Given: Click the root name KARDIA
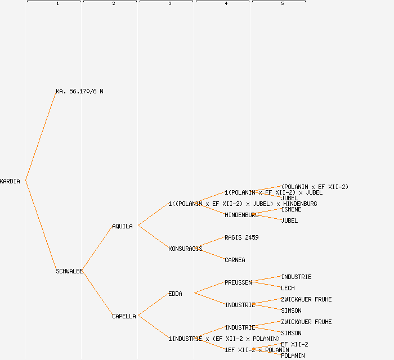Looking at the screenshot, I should pyautogui.click(x=10, y=181).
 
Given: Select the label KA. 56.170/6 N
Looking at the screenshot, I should pyautogui.click(x=79, y=91).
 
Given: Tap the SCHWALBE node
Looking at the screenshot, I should pyautogui.click(x=69, y=271).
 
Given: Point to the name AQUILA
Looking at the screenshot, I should pyautogui.click(x=122, y=226).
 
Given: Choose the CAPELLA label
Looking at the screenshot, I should pyautogui.click(x=124, y=316).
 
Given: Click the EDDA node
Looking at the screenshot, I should pyautogui.click(x=175, y=294).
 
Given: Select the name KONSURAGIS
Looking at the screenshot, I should pyautogui.click(x=185, y=249).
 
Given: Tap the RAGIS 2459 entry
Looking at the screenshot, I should pyautogui.click(x=241, y=237).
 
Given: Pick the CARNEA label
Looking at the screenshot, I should pyautogui.click(x=235, y=260).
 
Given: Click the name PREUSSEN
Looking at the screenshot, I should pyautogui.click(x=238, y=282).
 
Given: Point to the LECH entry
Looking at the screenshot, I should pyautogui.click(x=288, y=288).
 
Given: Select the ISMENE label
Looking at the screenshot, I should pyautogui.click(x=291, y=209).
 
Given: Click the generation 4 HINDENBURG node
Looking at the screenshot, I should pyautogui.click(x=241, y=215).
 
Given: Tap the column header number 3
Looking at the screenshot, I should pyautogui.click(x=169, y=4).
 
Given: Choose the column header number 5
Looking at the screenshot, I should pyautogui.click(x=282, y=4).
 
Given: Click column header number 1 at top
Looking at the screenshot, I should pyautogui.click(x=57, y=4).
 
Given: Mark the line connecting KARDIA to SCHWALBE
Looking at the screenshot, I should pyautogui.click(x=41, y=226).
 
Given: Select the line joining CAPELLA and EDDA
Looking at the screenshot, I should pyautogui.click(x=153, y=305).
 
